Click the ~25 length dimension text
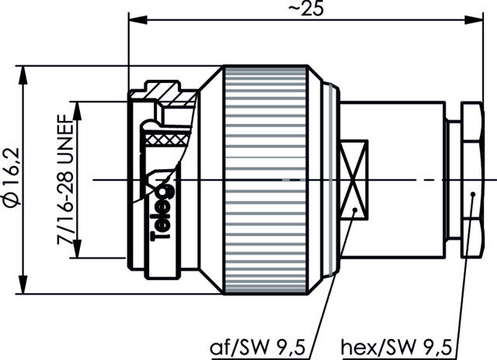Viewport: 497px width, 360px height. pos(306,9)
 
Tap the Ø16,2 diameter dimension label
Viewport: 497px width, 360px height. pos(12,176)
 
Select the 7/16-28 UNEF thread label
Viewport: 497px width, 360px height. pos(65,179)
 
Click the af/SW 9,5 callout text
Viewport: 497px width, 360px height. pos(258,348)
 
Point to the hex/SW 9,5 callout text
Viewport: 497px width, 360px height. pos(396,348)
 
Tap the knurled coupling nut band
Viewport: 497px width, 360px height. pos(266,180)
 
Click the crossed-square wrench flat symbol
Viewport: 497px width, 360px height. pos(354,180)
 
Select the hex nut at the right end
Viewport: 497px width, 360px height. pos(472,179)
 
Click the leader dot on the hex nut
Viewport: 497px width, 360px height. pos(473,194)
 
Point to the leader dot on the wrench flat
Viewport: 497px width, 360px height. pos(355,209)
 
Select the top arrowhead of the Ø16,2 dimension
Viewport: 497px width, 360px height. pos(23,75)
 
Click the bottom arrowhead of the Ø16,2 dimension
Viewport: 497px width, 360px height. pos(23,285)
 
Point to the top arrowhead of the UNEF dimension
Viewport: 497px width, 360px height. pos(77,111)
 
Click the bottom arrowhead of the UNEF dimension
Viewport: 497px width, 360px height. pos(77,248)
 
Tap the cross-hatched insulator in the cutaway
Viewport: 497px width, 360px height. pos(166,140)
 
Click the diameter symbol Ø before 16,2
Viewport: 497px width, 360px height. pos(12,198)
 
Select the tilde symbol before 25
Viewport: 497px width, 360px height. pos(294,9)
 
